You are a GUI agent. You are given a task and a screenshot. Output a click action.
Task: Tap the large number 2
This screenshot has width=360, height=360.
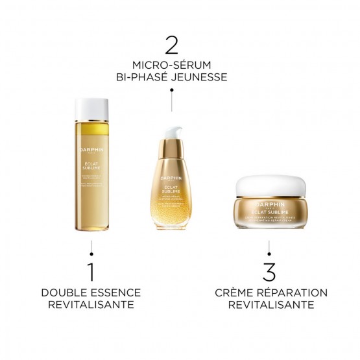click(x=171, y=45)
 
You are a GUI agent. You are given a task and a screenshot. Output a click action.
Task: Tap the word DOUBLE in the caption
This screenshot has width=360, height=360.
click(x=64, y=293)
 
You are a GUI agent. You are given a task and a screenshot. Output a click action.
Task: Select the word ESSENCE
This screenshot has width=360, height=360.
click(x=114, y=293)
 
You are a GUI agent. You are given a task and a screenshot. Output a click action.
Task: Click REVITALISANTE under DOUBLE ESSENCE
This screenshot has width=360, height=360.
click(x=91, y=305)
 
